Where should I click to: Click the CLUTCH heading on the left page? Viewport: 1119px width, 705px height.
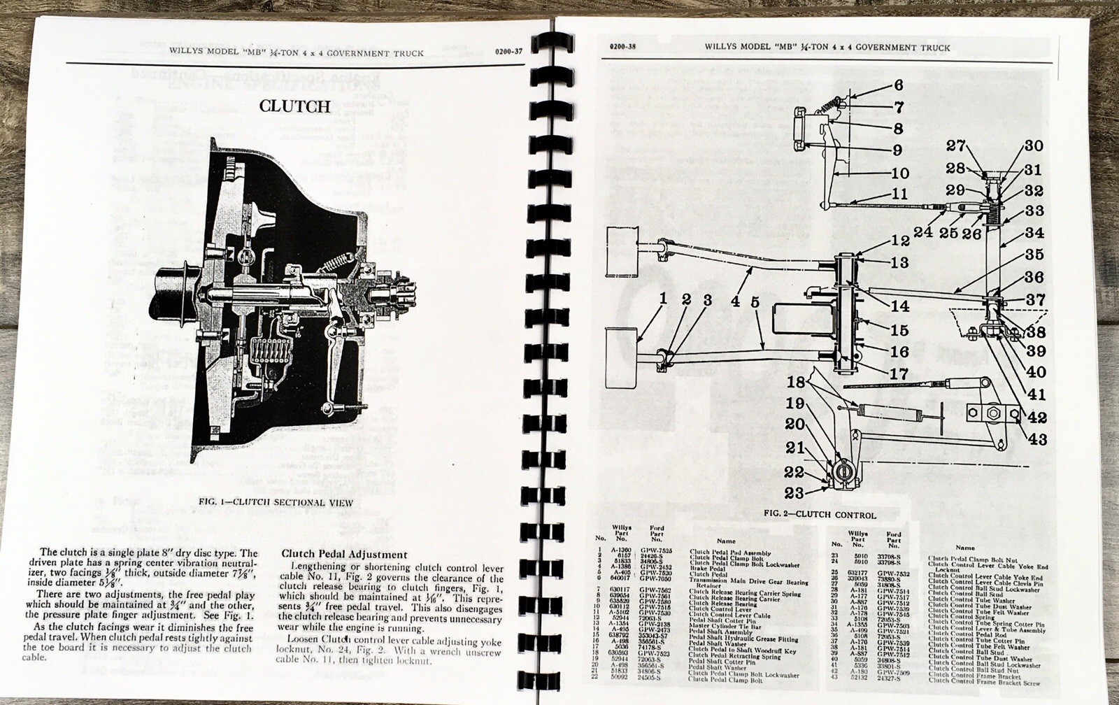(x=294, y=106)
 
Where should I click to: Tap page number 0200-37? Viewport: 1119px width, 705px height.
(x=508, y=51)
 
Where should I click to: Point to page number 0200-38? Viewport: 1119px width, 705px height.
(x=622, y=47)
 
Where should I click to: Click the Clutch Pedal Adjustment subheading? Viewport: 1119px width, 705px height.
(x=344, y=554)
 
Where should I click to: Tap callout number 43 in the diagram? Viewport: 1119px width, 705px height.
(x=1036, y=439)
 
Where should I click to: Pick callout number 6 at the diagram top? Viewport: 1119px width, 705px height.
(x=898, y=85)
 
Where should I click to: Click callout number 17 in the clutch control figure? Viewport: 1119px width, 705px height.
(x=898, y=374)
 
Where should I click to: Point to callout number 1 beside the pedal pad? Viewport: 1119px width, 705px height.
(x=663, y=299)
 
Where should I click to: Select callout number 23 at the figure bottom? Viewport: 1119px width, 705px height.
(x=794, y=493)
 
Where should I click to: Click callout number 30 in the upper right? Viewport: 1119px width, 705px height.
(x=1034, y=146)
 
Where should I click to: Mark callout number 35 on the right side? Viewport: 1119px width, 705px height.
(x=1034, y=254)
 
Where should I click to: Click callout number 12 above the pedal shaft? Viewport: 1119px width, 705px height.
(x=901, y=241)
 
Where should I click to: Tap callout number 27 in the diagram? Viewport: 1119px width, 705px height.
(x=956, y=145)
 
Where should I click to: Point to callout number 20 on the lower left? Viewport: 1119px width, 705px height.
(x=794, y=425)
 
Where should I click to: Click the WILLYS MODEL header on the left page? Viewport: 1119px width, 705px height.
(x=296, y=52)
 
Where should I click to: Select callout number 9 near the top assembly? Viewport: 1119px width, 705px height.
(x=897, y=150)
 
